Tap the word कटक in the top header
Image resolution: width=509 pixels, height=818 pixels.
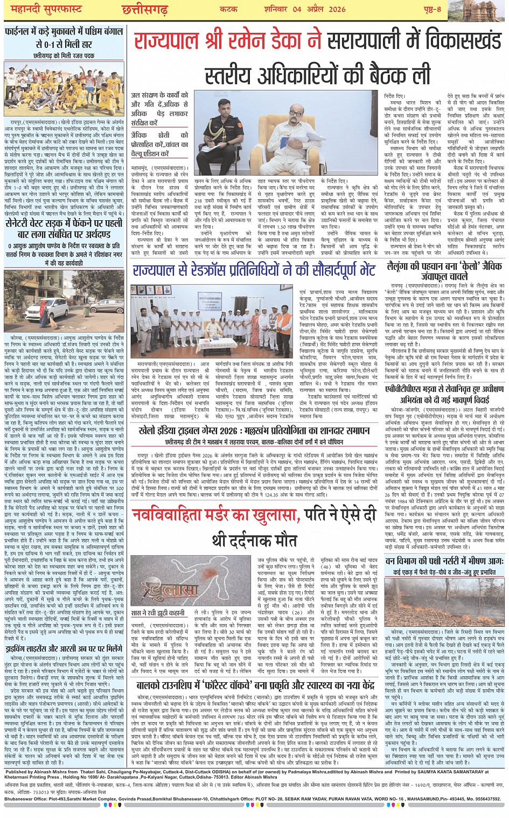(228, 9)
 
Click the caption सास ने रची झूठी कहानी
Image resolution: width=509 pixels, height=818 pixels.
(158, 613)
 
